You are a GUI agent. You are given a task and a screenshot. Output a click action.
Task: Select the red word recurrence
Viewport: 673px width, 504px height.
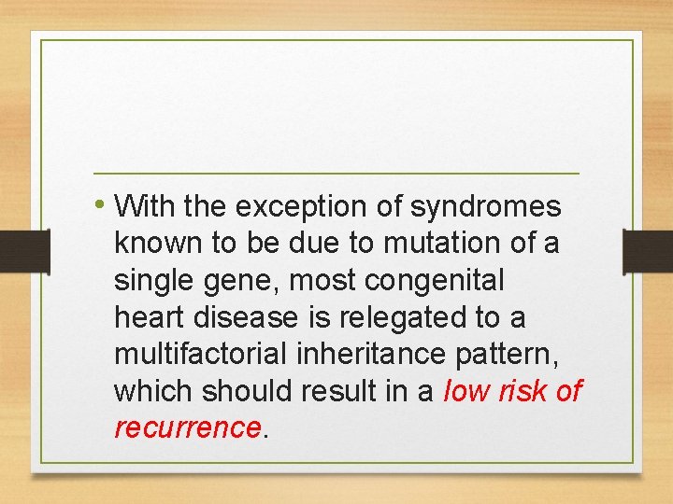coord(187,428)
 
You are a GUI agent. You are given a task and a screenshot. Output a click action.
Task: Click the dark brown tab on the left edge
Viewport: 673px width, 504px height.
coord(24,252)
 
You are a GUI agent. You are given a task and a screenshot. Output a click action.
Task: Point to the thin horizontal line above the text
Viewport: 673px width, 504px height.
coord(336,174)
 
